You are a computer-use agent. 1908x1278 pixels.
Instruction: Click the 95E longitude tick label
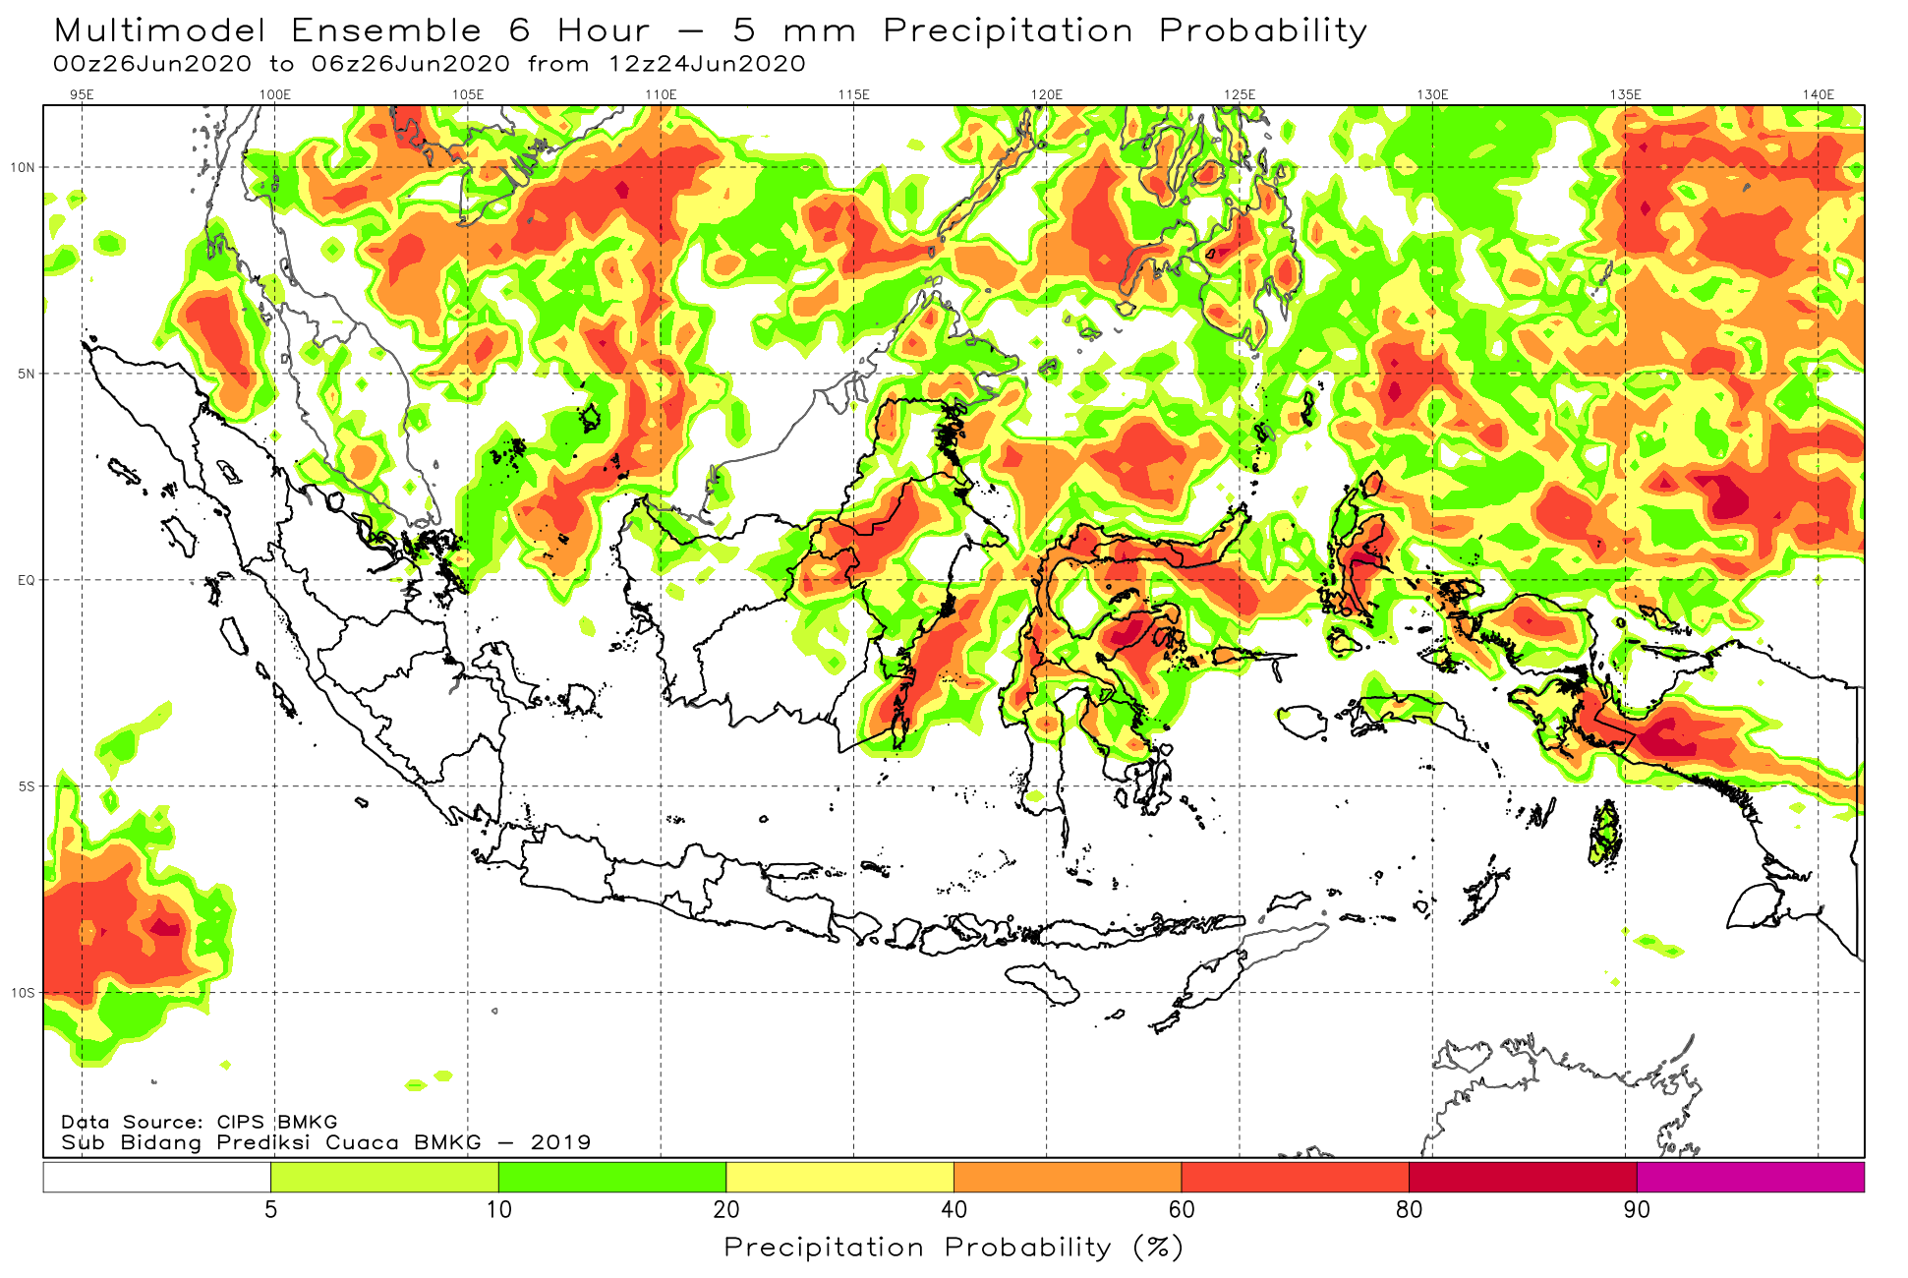(82, 94)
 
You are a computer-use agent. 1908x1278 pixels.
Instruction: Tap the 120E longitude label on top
(1047, 94)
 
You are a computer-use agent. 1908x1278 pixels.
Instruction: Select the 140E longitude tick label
(1819, 94)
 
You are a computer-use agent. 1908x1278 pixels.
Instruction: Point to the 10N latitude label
(23, 167)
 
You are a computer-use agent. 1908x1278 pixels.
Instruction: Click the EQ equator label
(26, 580)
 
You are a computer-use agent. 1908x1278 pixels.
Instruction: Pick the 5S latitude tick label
(27, 786)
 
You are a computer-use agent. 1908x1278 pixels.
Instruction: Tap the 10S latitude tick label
(23, 993)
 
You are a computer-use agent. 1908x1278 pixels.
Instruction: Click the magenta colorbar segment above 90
(1751, 1177)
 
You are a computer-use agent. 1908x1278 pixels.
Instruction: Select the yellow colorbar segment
(840, 1177)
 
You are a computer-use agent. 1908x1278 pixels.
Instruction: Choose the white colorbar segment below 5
(157, 1177)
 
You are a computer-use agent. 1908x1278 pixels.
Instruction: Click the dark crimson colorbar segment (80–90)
(1524, 1177)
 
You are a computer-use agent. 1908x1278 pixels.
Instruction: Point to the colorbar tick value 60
(1182, 1209)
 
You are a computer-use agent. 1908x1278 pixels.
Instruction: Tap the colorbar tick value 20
(726, 1209)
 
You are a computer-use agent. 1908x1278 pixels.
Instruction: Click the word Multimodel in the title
(160, 30)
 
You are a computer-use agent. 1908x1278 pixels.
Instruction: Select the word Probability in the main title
(1263, 31)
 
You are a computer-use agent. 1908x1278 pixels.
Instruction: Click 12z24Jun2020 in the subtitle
(708, 64)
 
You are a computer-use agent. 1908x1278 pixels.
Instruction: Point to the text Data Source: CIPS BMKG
(200, 1122)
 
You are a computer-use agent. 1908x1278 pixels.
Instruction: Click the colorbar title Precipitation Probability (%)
(954, 1249)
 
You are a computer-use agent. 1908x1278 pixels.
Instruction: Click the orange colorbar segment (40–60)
(1068, 1177)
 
